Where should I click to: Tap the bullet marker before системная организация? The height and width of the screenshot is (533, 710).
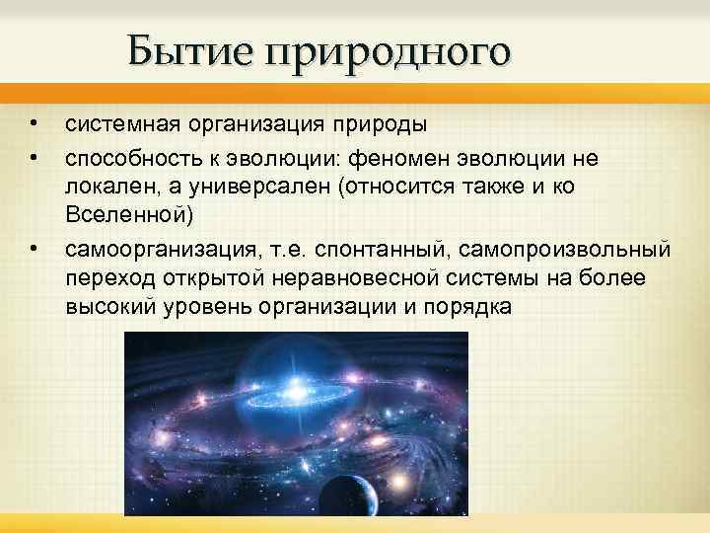click(x=34, y=124)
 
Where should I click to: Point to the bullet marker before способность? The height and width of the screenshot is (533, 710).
click(x=34, y=155)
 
